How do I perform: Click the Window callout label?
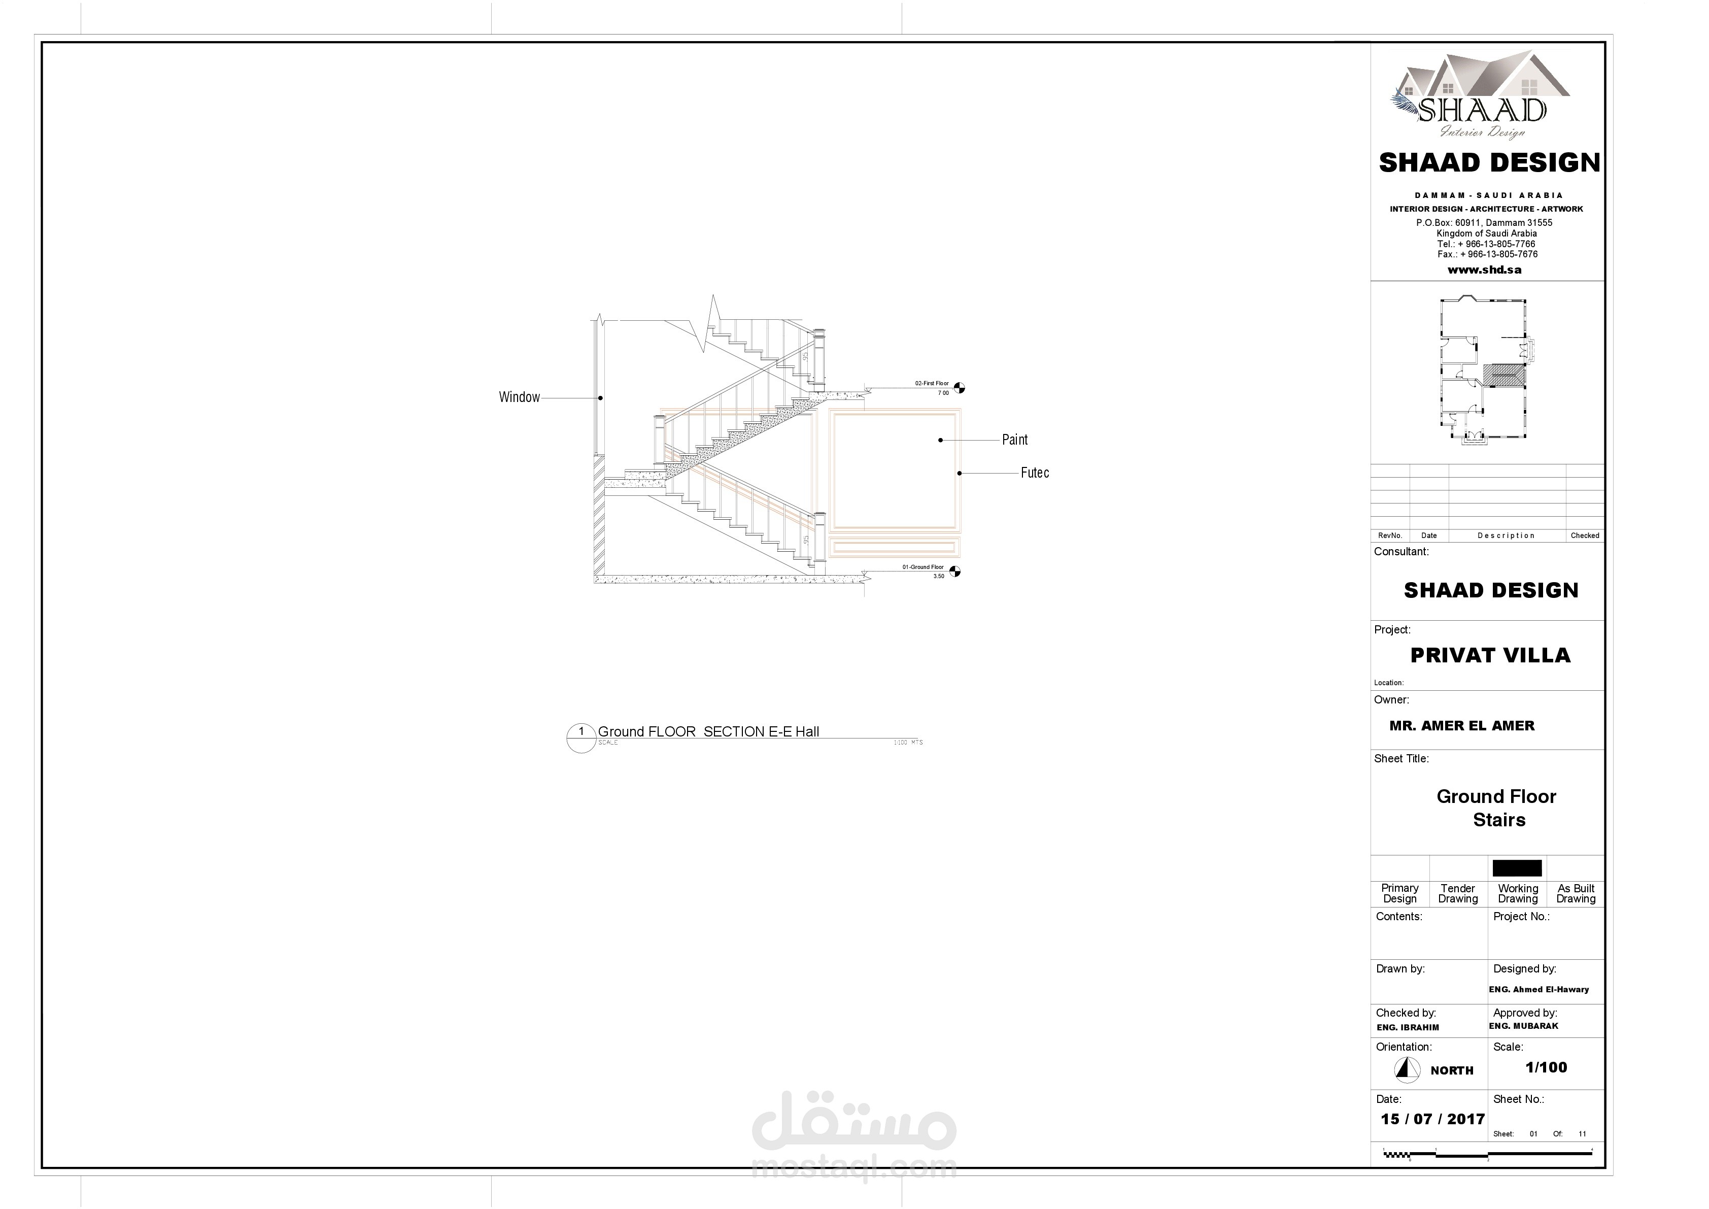[519, 397]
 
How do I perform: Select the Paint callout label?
[1014, 440]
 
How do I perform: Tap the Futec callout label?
[1034, 473]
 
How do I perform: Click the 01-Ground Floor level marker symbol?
[955, 572]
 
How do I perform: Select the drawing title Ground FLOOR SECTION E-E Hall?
[708, 732]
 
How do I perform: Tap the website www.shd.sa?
[1484, 270]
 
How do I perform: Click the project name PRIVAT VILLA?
[1490, 656]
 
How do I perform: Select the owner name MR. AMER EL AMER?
[1461, 726]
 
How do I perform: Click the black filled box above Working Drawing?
[1516, 868]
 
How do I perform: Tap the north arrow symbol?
[1406, 1070]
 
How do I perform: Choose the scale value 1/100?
[1546, 1067]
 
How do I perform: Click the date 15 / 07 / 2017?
[1432, 1119]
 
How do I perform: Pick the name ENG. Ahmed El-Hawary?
[1539, 989]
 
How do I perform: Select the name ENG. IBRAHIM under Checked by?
[1408, 1027]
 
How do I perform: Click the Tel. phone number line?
[1486, 244]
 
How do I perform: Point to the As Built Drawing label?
[1575, 893]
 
